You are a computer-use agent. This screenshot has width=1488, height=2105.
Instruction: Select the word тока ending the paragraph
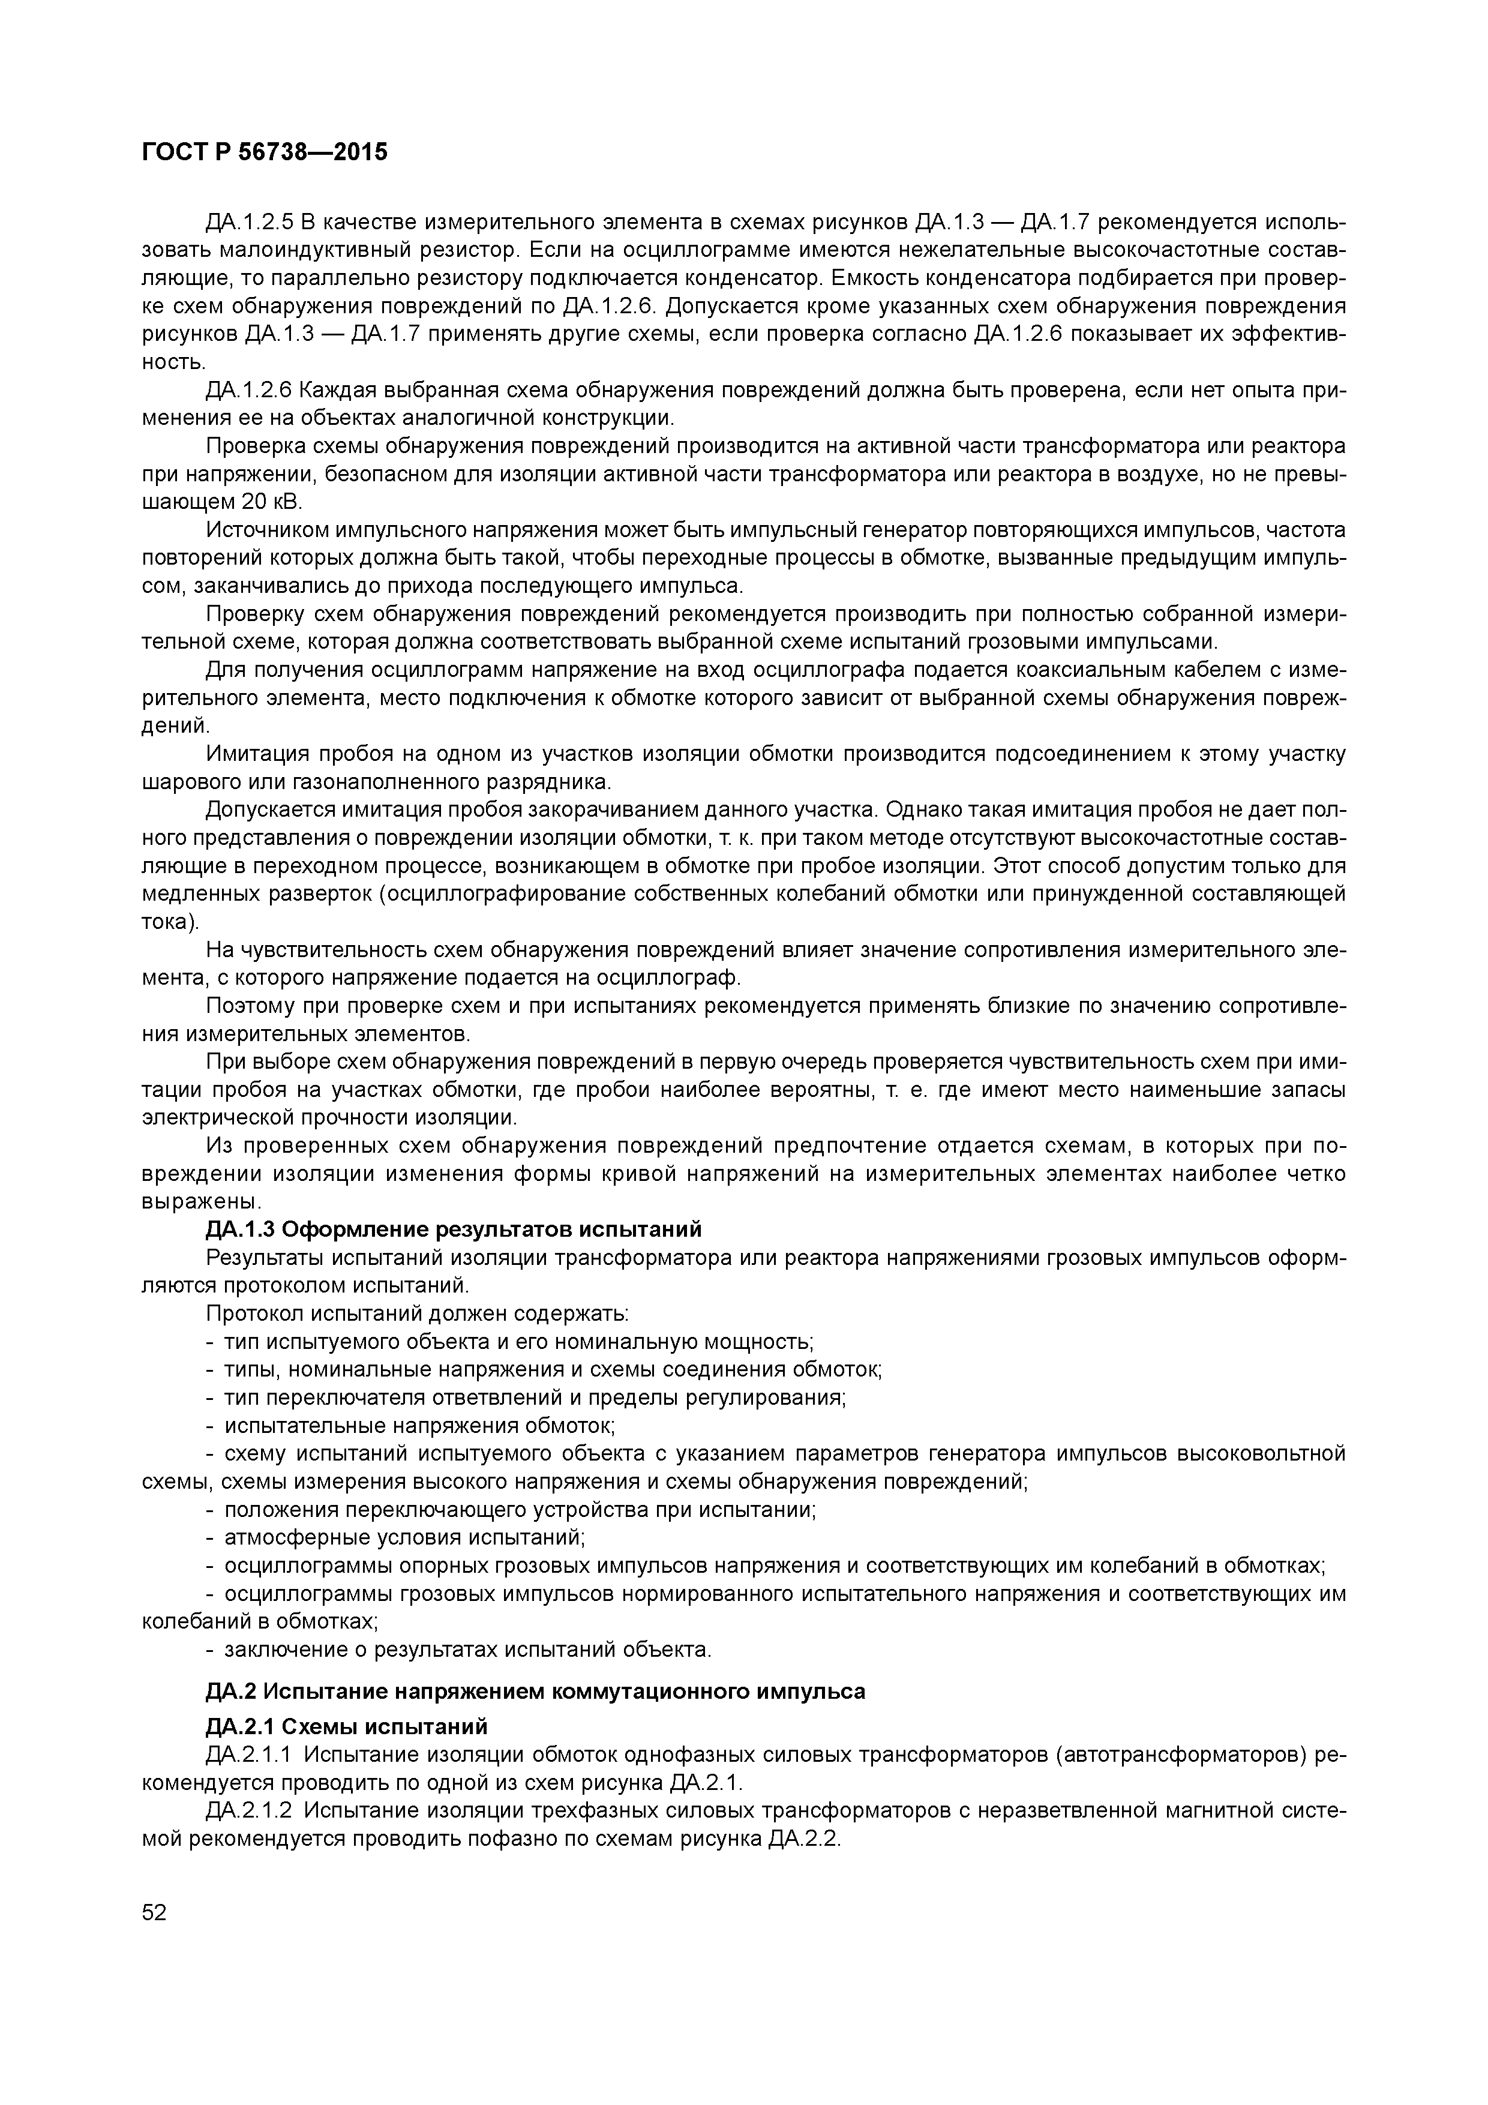(x=165, y=922)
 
